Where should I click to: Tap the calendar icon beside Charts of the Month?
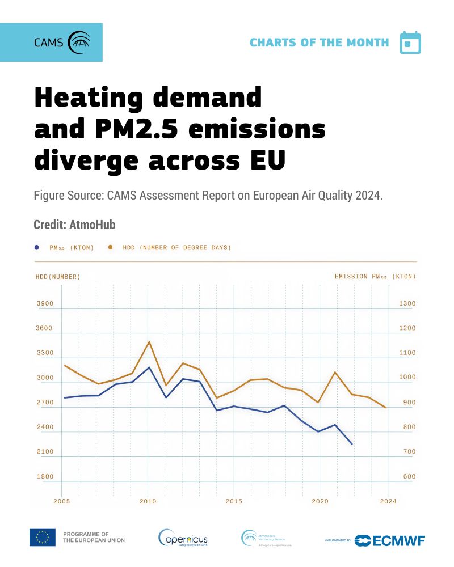coord(410,43)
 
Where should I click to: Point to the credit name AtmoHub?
coord(93,225)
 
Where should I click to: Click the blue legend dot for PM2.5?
coord(37,247)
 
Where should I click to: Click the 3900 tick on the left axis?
coord(45,304)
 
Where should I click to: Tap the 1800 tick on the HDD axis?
coord(45,477)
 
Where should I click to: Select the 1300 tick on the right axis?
coord(407,304)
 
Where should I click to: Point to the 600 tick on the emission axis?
coord(409,477)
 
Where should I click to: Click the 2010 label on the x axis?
coord(148,502)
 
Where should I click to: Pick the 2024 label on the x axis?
coord(388,502)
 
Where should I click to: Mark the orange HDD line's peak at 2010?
coord(149,341)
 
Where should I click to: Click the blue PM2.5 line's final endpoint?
coord(352,444)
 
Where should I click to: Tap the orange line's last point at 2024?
coord(386,408)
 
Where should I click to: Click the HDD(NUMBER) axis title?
coord(58,277)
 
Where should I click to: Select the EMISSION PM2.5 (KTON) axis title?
coord(375,277)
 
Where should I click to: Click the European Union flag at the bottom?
coord(43,537)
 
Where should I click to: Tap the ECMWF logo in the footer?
coord(390,540)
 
